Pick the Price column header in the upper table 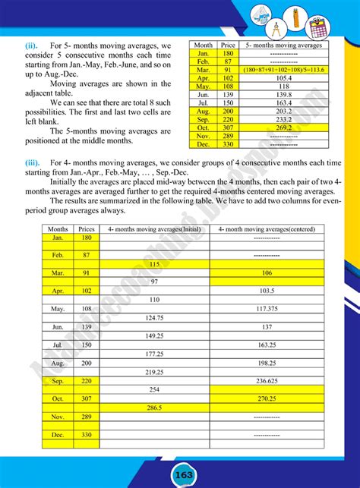[227, 46]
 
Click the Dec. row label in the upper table [203, 145]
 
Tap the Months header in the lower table [58, 228]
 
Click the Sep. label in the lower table [58, 380]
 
